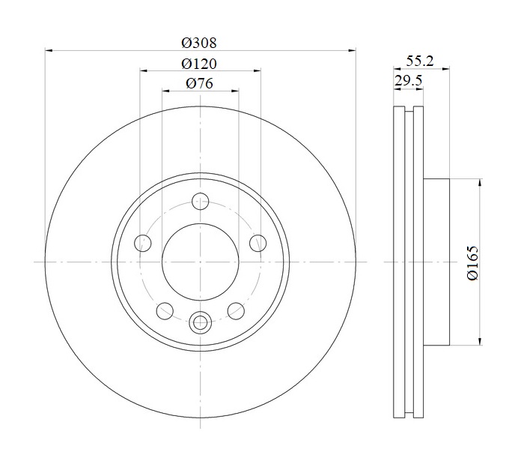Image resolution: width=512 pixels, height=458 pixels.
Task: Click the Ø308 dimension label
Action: pyautogui.click(x=199, y=43)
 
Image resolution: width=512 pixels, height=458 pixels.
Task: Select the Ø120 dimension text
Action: pyautogui.click(x=199, y=64)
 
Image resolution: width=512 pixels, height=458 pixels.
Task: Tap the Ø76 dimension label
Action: pyautogui.click(x=200, y=83)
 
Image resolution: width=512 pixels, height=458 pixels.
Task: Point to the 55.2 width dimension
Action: pyautogui.click(x=420, y=61)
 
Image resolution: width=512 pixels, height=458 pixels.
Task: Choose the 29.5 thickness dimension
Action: pyautogui.click(x=409, y=80)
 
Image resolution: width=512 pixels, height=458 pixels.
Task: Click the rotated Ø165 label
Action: pyautogui.click(x=472, y=262)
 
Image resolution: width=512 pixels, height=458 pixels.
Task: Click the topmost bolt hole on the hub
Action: pyautogui.click(x=200, y=202)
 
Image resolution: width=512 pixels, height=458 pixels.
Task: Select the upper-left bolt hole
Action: pyautogui.click(x=143, y=243)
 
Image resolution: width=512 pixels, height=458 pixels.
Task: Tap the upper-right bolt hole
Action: pyautogui.click(x=258, y=243)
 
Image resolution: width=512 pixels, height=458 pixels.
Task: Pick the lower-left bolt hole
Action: pyautogui.click(x=165, y=311)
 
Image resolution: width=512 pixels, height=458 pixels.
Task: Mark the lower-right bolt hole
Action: pyautogui.click(x=236, y=311)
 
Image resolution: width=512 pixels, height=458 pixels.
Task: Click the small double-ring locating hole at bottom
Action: pyautogui.click(x=200, y=323)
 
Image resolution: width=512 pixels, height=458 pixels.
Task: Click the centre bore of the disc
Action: pyautogui.click(x=201, y=262)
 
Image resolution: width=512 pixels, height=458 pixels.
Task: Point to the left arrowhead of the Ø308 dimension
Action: pyautogui.click(x=49, y=50)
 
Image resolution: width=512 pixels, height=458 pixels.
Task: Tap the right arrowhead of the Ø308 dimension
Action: pyautogui.click(x=352, y=50)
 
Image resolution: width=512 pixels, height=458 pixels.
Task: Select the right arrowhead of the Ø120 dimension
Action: pyautogui.click(x=257, y=70)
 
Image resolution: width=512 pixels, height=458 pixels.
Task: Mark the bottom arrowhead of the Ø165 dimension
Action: pyautogui.click(x=480, y=341)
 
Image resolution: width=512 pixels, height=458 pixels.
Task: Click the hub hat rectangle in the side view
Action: pyautogui.click(x=436, y=262)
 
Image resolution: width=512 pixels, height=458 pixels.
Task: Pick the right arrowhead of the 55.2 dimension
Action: pyautogui.click(x=445, y=69)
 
